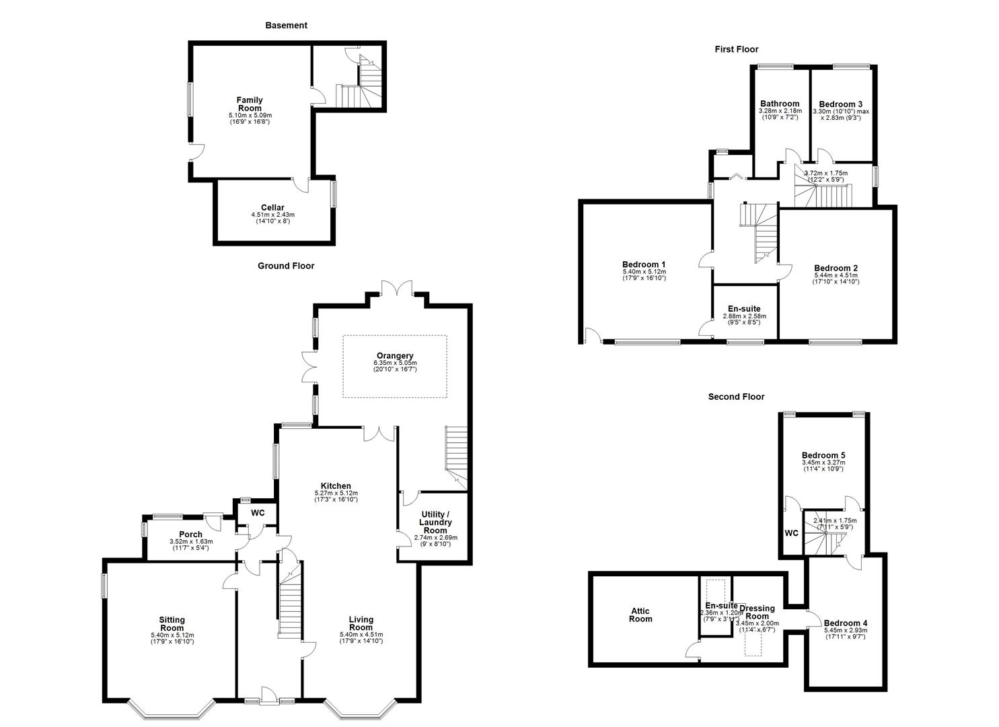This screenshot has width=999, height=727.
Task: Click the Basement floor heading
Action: [x=286, y=26]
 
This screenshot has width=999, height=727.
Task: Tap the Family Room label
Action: [x=250, y=104]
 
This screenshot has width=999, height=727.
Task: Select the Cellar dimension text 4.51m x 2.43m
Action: [x=272, y=215]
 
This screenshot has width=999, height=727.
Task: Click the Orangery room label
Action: [x=395, y=356]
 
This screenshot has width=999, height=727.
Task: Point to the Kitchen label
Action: [x=335, y=486]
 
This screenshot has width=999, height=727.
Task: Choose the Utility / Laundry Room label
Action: [x=435, y=522]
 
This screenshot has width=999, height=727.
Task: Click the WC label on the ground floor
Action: [x=258, y=513]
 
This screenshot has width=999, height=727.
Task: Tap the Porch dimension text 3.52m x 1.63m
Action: [x=191, y=541]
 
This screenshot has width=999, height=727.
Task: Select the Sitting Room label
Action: [x=172, y=623]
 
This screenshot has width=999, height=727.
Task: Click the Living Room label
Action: [x=361, y=623]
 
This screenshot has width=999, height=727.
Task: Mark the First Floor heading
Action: [x=736, y=49]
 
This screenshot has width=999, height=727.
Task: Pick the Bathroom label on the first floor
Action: [x=780, y=104]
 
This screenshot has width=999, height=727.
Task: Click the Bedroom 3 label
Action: [x=840, y=104]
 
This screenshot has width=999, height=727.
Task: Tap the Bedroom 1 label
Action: [x=644, y=265]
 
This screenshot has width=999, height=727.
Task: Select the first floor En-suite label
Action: [x=744, y=309]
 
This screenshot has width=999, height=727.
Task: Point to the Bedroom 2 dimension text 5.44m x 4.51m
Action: [x=836, y=275]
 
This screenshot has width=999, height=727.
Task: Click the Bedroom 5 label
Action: [x=823, y=456]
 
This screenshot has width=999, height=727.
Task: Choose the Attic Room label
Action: [x=640, y=615]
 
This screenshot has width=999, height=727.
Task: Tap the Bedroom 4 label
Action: [x=845, y=623]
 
